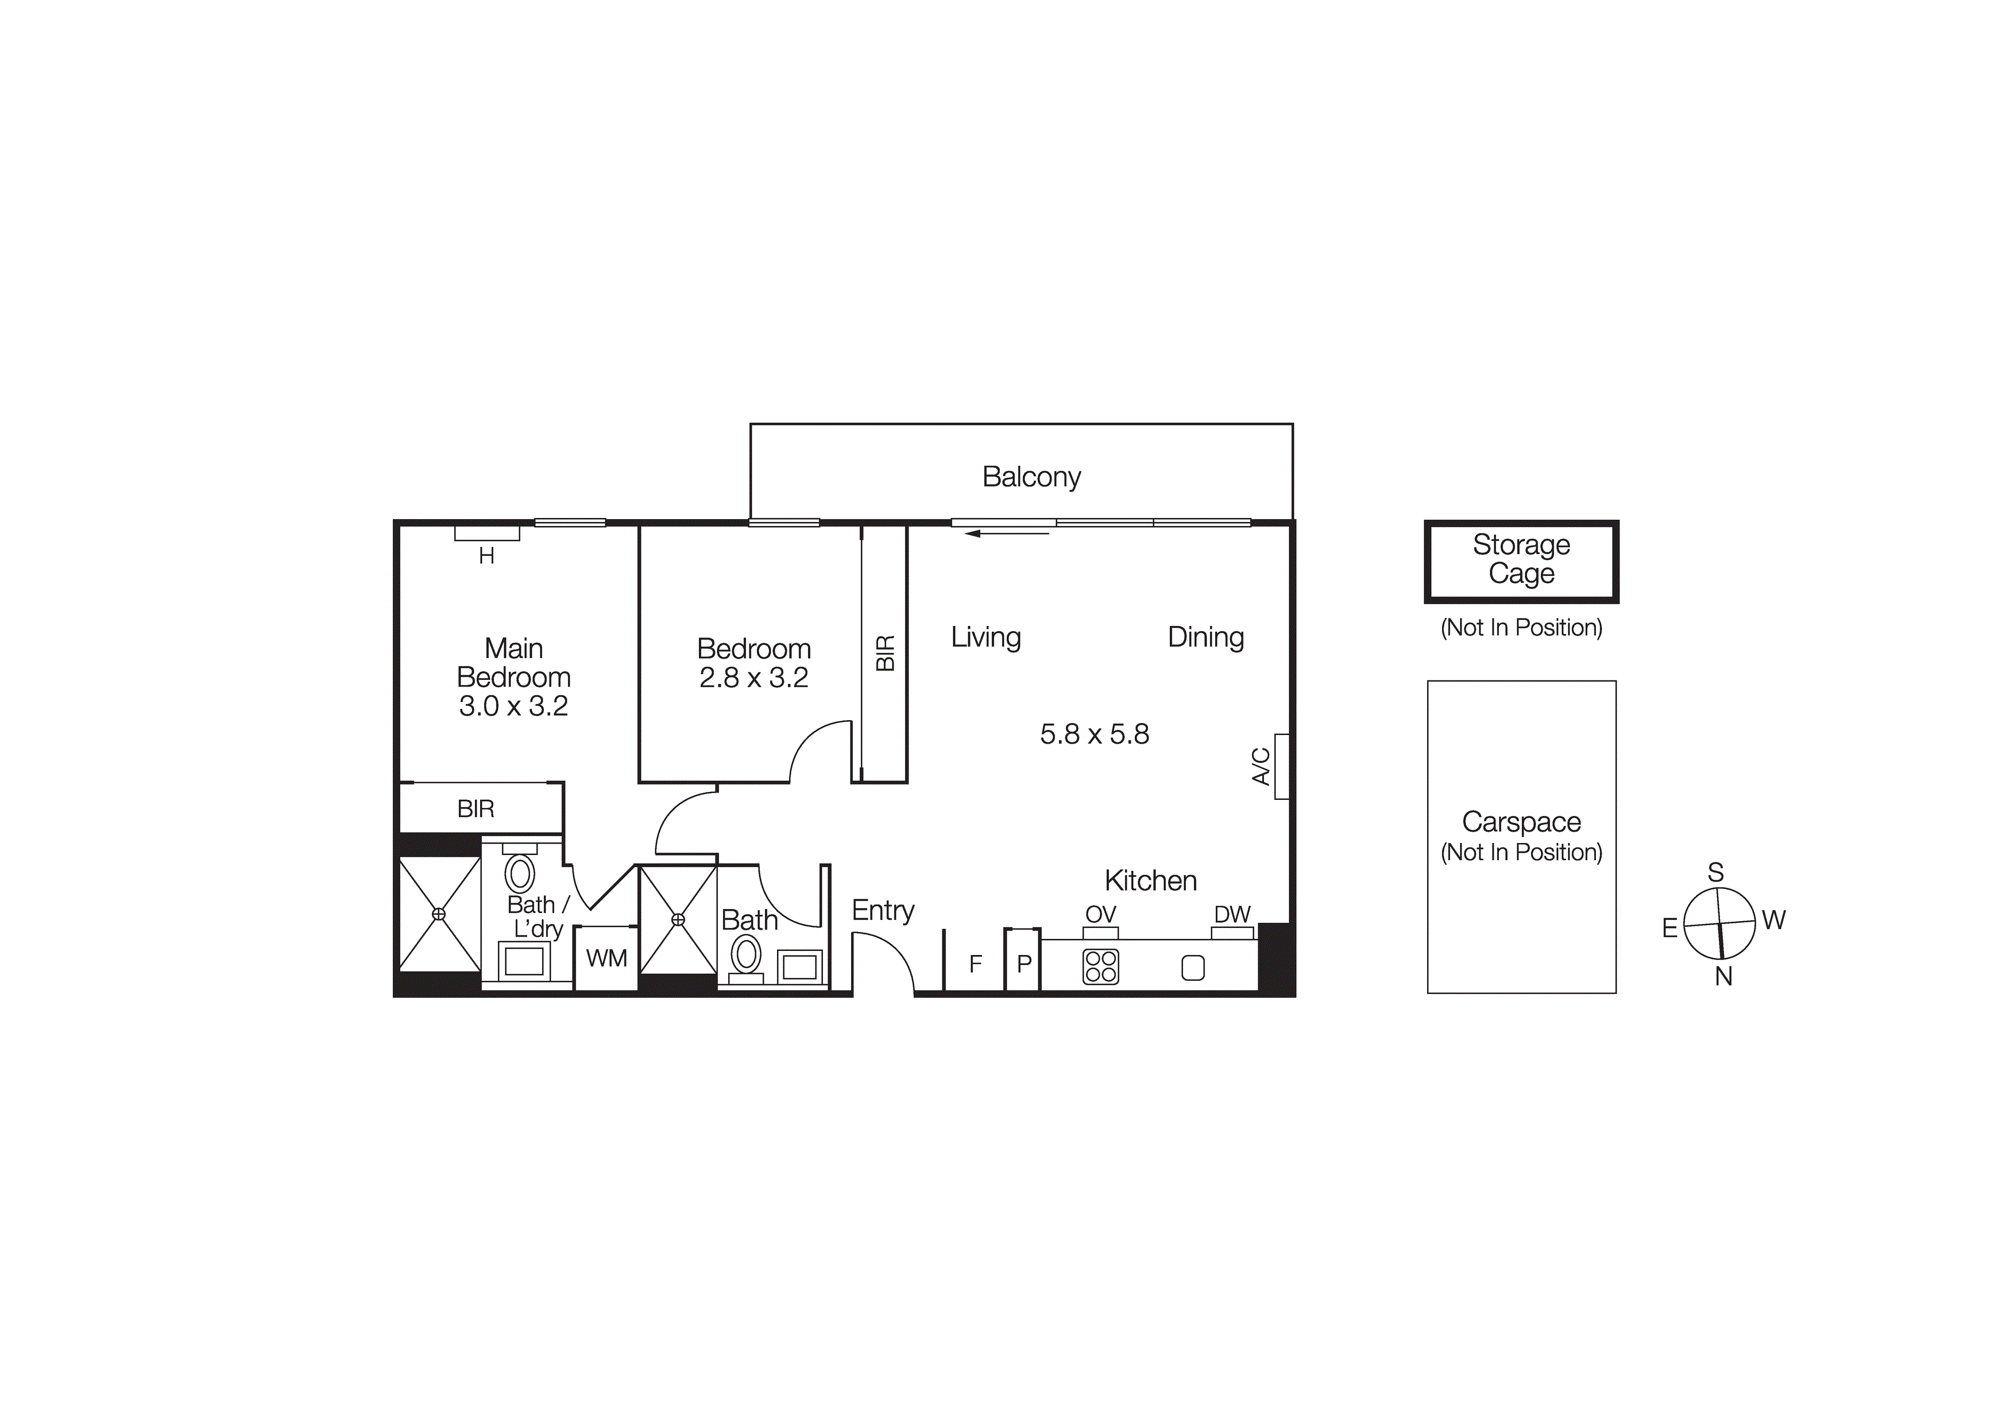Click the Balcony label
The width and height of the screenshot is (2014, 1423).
pos(1031,477)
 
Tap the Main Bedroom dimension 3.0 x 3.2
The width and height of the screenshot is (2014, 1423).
pos(513,706)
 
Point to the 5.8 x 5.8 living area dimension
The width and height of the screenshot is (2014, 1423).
pos(1094,734)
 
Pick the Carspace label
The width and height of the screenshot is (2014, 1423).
pos(1521,822)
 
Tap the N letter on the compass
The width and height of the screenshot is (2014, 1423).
pos(1723,976)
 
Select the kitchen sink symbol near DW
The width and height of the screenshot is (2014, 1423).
pos(1193,968)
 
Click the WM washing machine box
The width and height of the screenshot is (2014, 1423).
pos(606,958)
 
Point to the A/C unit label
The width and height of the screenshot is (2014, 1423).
pos(1261,766)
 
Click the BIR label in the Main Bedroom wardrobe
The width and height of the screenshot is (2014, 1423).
pos(476,809)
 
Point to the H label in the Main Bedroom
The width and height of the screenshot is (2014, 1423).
pos(487,556)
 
